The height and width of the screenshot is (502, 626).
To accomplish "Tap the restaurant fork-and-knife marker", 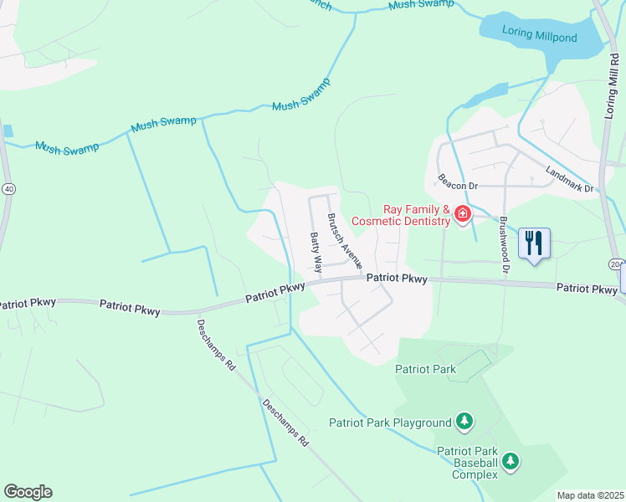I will click(x=533, y=243).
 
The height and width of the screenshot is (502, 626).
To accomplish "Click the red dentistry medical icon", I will click(x=461, y=216).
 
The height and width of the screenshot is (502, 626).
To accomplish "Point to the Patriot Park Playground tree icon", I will click(x=464, y=422).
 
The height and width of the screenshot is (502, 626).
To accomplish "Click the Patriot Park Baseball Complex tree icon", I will click(x=510, y=461).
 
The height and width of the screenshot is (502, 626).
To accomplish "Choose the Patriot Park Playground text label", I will click(x=390, y=423).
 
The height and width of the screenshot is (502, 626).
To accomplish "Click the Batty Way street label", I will click(x=316, y=253).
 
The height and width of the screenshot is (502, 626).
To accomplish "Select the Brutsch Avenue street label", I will click(x=344, y=240).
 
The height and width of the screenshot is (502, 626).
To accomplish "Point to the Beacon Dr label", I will click(x=456, y=187).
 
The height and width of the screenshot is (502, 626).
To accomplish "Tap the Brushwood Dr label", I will click(x=504, y=245).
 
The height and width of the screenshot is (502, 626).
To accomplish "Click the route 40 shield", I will click(x=8, y=189).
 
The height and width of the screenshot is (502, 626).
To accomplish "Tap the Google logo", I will click(x=28, y=492).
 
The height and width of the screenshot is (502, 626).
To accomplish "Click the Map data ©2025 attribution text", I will click(x=590, y=495).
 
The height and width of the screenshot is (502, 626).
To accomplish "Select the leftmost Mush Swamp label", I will click(x=67, y=147).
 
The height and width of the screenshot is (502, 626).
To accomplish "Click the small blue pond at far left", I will click(x=8, y=131).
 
